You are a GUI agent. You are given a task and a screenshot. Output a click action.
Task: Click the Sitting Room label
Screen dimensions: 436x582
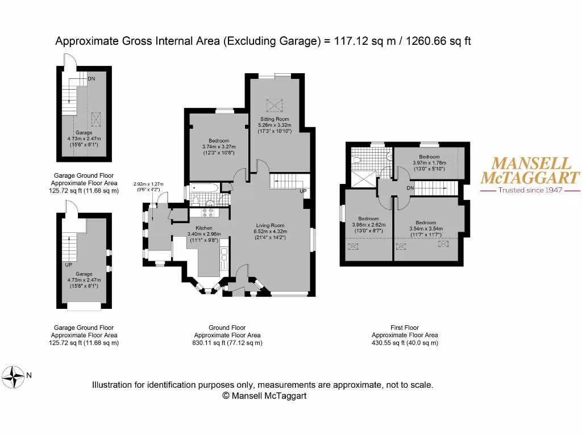pyautogui.click(x=275, y=119)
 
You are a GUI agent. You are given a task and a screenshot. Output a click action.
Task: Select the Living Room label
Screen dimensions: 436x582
pyautogui.click(x=269, y=225)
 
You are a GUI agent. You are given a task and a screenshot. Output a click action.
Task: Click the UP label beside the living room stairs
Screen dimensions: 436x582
pyautogui.click(x=303, y=191)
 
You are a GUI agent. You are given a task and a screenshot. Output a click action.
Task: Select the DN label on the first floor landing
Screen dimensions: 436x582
pyautogui.click(x=411, y=188)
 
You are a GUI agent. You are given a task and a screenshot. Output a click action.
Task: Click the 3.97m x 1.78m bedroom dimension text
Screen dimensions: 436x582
pyautogui.click(x=429, y=162)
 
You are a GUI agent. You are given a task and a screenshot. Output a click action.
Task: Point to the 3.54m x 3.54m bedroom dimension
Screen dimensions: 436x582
pyautogui.click(x=425, y=229)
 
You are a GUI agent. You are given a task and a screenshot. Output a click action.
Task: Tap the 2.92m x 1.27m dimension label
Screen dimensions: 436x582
pyautogui.click(x=148, y=184)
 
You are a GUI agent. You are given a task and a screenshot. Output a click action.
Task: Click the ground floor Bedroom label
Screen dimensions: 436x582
pyautogui.click(x=219, y=141)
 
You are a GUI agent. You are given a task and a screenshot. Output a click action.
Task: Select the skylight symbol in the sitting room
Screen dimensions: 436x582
pyautogui.click(x=275, y=104)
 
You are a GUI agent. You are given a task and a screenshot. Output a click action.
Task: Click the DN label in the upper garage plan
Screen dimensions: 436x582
pyautogui.click(x=91, y=79)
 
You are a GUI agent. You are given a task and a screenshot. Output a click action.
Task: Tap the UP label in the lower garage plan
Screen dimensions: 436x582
pyautogui.click(x=69, y=265)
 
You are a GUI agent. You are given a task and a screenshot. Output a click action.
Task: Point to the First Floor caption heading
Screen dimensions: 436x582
pyautogui.click(x=405, y=328)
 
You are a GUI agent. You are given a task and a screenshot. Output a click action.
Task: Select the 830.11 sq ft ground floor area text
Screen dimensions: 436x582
pyautogui.click(x=227, y=343)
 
